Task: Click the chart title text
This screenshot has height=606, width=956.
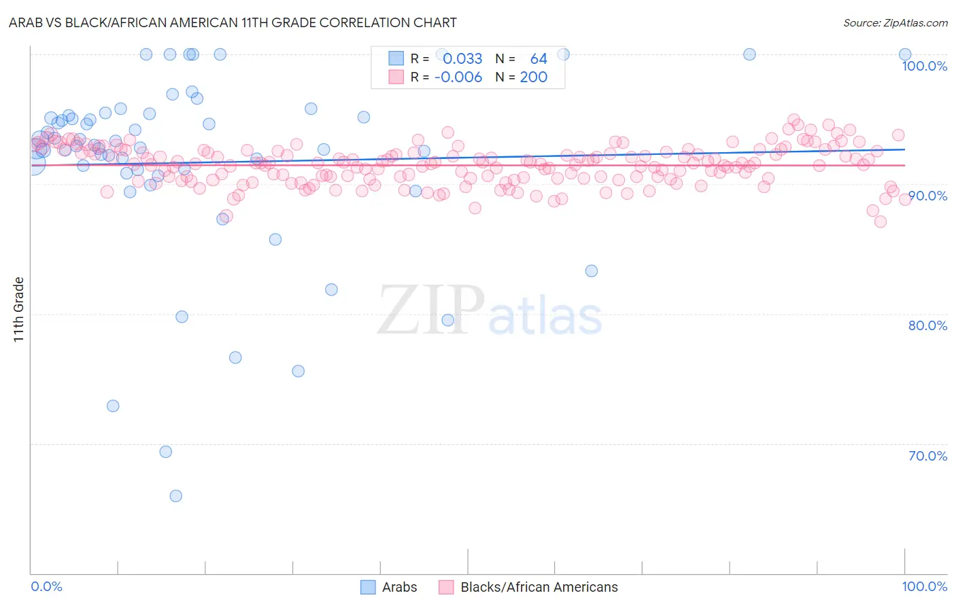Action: coord(233,22)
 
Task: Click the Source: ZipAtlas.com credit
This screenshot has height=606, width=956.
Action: coord(895,22)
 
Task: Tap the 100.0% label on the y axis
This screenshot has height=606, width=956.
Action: coord(924,66)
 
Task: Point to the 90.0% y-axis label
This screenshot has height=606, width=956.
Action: coord(927,196)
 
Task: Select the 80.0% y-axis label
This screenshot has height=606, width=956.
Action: coord(927,325)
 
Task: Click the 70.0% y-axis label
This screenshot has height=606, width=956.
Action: coord(927,456)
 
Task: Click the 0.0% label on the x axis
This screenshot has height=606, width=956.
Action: coord(46,586)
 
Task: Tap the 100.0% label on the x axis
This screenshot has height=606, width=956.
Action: coord(924,586)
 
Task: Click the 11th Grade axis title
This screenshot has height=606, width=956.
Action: coord(19,309)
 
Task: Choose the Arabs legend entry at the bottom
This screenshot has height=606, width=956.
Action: coord(399,587)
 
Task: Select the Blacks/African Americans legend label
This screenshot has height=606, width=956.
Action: coord(539,587)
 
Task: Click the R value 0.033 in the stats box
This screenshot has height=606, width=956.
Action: coord(462,59)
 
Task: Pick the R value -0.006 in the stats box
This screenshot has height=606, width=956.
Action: coord(458,77)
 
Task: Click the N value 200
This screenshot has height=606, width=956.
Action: coord(533,77)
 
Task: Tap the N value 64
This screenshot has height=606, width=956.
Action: coord(539,59)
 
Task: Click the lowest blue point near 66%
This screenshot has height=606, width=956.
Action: coord(175,496)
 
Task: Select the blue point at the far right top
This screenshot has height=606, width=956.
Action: coord(905,54)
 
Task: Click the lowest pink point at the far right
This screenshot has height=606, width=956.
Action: coord(881,221)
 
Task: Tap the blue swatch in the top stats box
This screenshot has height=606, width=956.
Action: coord(396,58)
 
